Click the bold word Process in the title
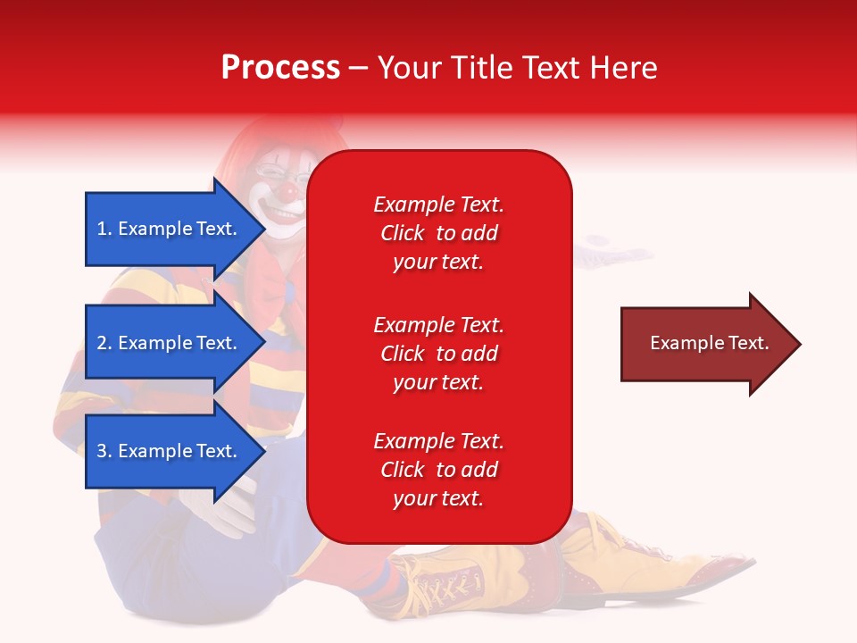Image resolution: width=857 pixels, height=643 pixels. tap(280, 68)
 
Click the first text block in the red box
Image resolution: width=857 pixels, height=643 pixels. tap(438, 233)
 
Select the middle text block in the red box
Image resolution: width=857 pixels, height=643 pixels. tap(438, 354)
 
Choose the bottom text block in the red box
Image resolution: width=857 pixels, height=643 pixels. tap(438, 470)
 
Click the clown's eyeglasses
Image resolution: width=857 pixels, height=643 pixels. tap(272, 171)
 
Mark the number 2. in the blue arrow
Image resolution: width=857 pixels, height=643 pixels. tap(104, 343)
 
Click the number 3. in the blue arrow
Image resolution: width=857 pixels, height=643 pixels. tap(104, 451)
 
